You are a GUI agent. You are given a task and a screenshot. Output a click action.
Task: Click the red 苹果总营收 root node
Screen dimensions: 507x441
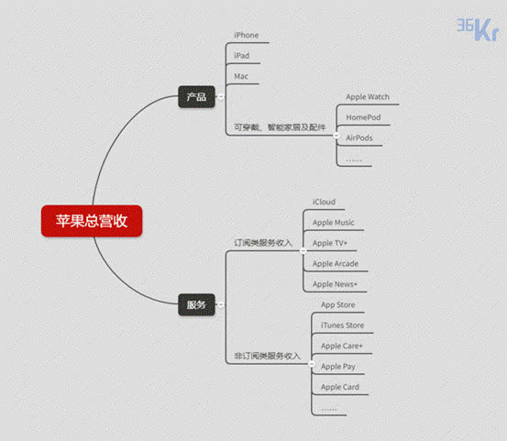click(x=92, y=221)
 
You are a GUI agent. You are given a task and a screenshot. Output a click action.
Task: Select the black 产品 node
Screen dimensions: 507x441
click(x=196, y=96)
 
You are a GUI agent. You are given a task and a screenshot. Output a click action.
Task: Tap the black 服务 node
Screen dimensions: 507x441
click(x=196, y=304)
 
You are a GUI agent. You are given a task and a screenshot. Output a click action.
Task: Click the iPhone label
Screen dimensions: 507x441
click(x=247, y=35)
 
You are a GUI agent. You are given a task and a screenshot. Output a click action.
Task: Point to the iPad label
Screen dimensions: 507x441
click(x=241, y=56)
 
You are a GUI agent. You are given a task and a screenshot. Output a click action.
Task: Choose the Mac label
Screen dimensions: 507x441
click(x=241, y=76)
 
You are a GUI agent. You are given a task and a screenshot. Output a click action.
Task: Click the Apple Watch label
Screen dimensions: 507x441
click(x=368, y=97)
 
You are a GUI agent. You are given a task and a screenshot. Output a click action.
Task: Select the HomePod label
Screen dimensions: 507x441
click(x=363, y=117)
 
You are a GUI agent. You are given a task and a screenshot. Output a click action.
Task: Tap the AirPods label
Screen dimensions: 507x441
click(x=359, y=138)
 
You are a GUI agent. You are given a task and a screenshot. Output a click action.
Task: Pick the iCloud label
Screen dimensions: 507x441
click(x=324, y=202)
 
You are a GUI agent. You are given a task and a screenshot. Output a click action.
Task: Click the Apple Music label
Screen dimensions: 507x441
click(x=334, y=223)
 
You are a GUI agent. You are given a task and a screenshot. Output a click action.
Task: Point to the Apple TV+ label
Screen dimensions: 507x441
click(x=330, y=243)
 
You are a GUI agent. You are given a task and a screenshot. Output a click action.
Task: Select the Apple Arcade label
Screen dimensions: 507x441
click(x=336, y=264)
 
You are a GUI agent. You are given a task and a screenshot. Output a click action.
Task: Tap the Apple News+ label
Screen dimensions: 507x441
click(x=335, y=284)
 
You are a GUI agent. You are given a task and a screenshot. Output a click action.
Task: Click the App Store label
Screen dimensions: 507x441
click(x=338, y=305)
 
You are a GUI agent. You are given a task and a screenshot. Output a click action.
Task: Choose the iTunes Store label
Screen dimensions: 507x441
click(x=342, y=325)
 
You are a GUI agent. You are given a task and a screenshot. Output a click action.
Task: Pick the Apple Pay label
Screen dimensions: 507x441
click(x=338, y=367)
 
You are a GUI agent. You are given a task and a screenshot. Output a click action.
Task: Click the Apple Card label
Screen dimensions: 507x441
click(x=340, y=387)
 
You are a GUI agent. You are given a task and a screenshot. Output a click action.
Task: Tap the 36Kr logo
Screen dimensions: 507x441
click(x=478, y=29)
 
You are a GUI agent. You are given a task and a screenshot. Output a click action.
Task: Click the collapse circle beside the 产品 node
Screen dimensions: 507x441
click(x=221, y=96)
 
